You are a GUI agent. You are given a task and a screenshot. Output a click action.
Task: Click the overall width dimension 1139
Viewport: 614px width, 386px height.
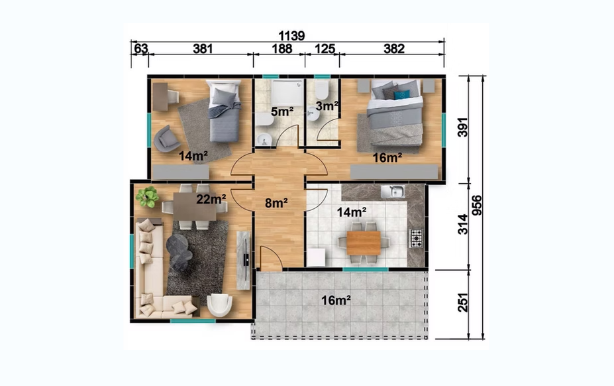coord(291,36)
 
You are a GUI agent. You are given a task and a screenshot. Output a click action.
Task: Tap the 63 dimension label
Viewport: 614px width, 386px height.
coord(141,48)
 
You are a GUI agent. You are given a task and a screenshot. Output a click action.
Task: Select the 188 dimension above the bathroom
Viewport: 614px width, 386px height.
coord(282,48)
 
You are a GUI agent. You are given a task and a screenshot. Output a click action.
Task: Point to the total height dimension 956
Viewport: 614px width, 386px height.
coord(476,205)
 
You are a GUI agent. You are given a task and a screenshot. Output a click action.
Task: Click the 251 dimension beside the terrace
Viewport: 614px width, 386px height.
coord(463,302)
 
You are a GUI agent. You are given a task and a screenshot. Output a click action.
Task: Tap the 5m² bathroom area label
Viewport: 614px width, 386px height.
coord(282,112)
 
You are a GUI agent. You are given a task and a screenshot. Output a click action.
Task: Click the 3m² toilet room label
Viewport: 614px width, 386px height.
coord(327,106)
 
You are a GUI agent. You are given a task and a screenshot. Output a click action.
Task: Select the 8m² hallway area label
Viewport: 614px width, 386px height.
coord(276,203)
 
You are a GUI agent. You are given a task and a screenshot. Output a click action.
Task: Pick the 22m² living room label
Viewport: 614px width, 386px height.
coord(211,199)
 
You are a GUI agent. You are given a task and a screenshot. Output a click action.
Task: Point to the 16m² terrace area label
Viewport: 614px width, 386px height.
coord(336,300)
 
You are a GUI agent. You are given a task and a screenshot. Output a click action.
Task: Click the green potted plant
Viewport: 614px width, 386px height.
coord(147,196)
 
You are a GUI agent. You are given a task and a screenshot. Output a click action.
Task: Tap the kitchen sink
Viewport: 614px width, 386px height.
coord(393,192)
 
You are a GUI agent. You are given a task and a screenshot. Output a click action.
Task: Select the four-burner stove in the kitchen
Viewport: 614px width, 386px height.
coord(416,239)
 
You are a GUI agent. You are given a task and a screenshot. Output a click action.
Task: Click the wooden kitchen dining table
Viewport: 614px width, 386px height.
coord(364,243)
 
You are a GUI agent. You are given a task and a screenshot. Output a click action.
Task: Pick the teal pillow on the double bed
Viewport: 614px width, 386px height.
coord(402,95)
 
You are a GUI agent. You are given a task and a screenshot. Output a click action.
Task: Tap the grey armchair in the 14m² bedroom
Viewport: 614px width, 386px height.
coord(167,139)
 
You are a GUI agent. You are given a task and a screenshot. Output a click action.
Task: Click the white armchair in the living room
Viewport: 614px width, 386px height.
coord(219,305)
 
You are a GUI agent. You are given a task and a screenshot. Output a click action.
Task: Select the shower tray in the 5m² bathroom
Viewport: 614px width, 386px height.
coord(288,93)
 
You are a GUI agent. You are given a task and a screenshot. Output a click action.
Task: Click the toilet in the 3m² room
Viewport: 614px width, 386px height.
coord(323,90)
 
